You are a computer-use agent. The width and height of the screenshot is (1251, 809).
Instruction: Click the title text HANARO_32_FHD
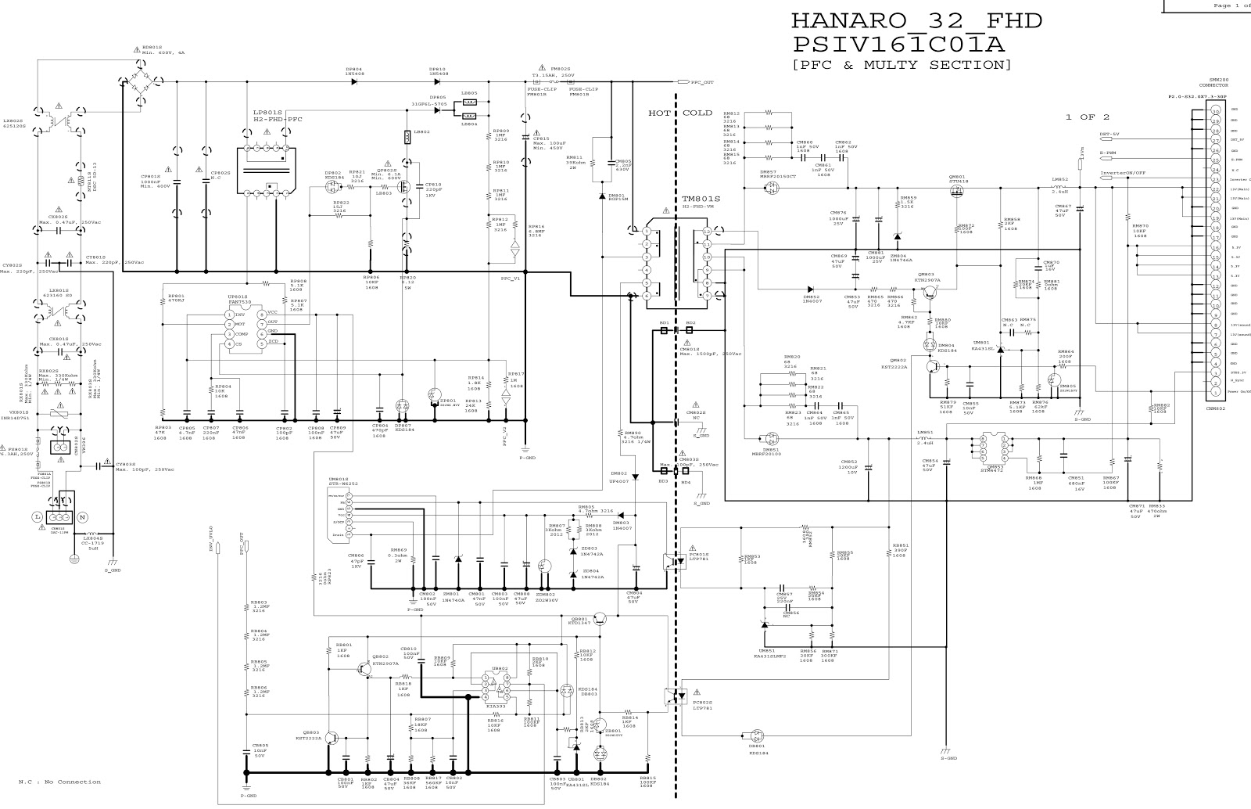click(x=916, y=21)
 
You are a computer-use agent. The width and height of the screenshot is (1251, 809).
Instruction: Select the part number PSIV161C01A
click(x=898, y=44)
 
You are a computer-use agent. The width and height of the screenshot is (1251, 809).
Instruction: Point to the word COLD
click(x=697, y=113)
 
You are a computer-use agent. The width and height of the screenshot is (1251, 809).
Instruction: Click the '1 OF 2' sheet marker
click(x=1087, y=117)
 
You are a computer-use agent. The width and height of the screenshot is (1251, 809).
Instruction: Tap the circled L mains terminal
click(x=36, y=517)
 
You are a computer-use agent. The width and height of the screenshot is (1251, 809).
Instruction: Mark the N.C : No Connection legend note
click(x=59, y=782)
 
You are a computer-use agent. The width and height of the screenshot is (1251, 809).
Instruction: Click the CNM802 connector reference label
click(x=1216, y=408)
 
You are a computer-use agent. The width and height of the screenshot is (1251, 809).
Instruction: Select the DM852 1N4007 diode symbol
click(x=811, y=289)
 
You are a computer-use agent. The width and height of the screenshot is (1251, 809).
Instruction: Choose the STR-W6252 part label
click(x=343, y=484)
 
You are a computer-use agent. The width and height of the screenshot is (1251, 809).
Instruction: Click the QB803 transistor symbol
click(x=332, y=738)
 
